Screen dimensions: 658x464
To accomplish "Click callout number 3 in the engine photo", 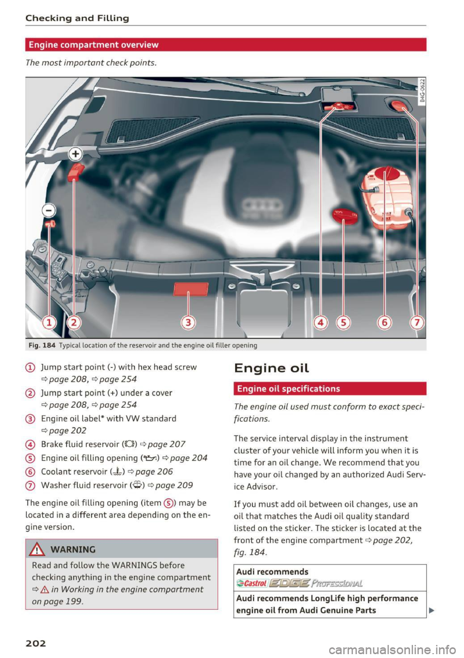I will click(x=188, y=322).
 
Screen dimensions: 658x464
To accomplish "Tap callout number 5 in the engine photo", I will click(x=343, y=322).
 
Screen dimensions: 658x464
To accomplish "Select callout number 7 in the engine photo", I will click(x=417, y=322).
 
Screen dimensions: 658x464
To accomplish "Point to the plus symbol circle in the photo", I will click(x=75, y=154).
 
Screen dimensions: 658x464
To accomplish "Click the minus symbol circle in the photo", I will click(x=49, y=210).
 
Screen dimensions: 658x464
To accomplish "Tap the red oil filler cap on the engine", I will click(x=345, y=216).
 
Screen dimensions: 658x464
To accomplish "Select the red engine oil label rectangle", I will click(x=191, y=289).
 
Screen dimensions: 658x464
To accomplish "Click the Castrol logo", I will click(x=252, y=583).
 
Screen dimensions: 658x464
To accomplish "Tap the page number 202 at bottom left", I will click(x=36, y=643).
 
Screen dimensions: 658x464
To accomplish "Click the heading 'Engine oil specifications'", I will click(x=289, y=389).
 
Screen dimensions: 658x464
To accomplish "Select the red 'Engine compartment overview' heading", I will click(x=94, y=45).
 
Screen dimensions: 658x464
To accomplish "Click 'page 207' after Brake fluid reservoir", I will click(x=166, y=444).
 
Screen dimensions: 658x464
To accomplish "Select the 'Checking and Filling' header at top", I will click(x=77, y=18).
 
